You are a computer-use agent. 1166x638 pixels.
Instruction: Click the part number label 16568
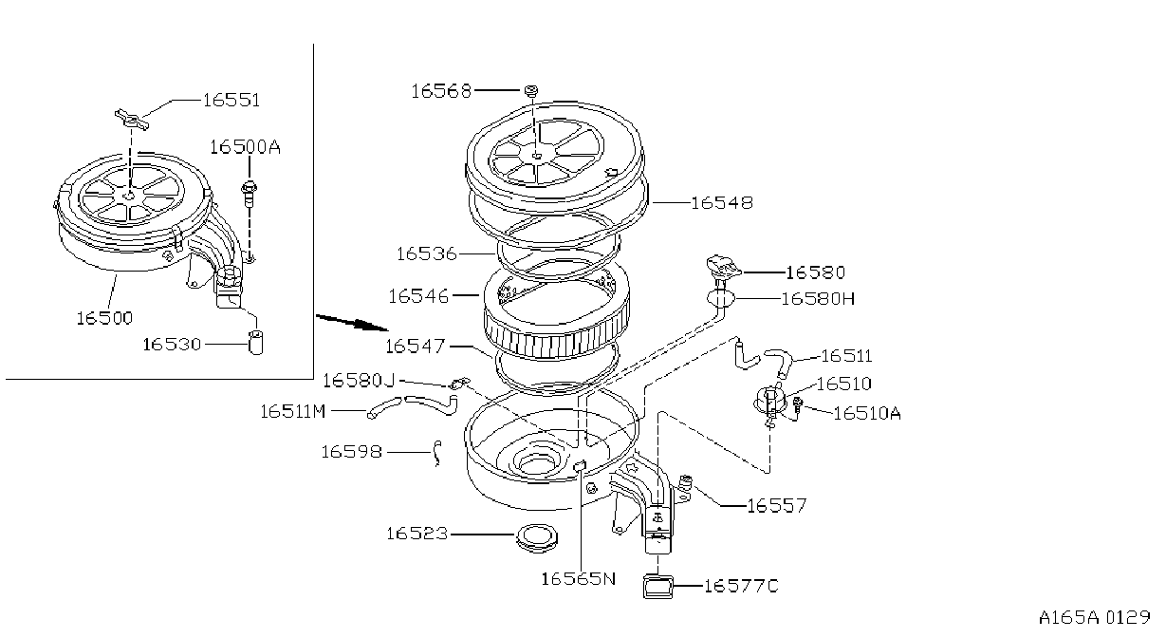(441, 91)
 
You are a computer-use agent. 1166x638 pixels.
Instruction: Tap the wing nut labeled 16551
(132, 120)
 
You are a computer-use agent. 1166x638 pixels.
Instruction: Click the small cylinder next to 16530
(255, 342)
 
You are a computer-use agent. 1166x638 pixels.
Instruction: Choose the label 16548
(722, 202)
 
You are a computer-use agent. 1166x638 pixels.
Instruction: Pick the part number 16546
(418, 296)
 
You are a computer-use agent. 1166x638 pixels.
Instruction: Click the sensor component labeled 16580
(723, 267)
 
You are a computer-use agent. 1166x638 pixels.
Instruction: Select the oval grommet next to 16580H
(721, 299)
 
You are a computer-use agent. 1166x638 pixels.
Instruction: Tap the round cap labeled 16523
(537, 538)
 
